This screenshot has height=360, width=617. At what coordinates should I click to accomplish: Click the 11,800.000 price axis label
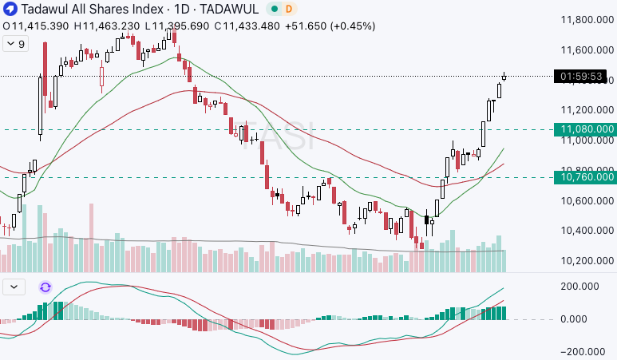(x=587, y=20)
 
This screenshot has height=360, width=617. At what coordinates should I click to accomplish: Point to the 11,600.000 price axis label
(x=587, y=50)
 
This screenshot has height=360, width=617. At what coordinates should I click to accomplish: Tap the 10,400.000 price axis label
(x=587, y=231)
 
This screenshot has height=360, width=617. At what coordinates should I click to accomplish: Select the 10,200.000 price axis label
(x=587, y=261)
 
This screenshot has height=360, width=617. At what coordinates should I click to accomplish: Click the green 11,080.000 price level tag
(x=587, y=129)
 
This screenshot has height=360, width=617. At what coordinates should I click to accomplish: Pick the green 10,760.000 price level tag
(x=587, y=176)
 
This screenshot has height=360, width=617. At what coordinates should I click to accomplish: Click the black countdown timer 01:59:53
(x=583, y=77)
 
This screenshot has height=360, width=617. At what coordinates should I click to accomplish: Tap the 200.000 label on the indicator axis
(x=580, y=287)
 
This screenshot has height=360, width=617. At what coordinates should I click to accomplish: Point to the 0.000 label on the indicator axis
(x=575, y=319)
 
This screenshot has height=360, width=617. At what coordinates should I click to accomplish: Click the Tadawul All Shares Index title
(x=88, y=9)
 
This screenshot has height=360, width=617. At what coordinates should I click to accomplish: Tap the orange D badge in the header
(x=288, y=9)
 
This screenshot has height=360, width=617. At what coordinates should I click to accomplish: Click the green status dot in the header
(x=273, y=9)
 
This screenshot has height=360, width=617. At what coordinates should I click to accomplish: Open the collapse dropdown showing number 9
(x=15, y=44)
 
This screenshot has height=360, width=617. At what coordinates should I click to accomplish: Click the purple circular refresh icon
(x=45, y=287)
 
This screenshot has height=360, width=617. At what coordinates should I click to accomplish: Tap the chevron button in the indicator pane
(x=15, y=287)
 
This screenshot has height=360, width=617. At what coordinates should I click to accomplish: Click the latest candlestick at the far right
(x=504, y=77)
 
